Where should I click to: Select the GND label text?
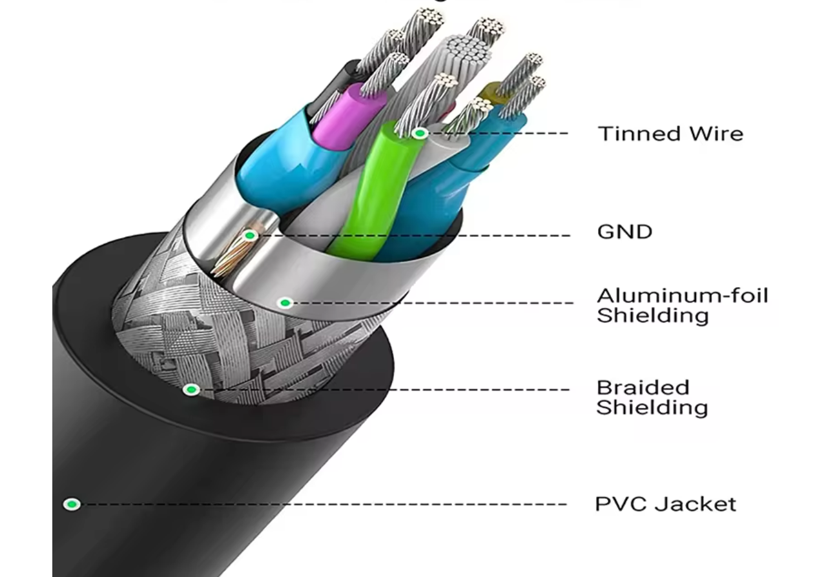625,232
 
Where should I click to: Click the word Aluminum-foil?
682,296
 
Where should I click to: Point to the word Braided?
643,387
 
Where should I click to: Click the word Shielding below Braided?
651,408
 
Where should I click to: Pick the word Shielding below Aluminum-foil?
652,316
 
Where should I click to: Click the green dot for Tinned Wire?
420,134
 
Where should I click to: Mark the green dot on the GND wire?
249,236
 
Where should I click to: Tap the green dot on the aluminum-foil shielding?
285,303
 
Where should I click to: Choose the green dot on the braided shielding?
191,389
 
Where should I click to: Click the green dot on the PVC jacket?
72,504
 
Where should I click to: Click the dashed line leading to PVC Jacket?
323,504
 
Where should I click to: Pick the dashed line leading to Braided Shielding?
387,389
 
